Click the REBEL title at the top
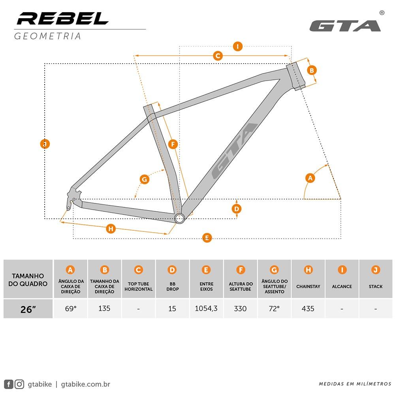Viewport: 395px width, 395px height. coord(63,18)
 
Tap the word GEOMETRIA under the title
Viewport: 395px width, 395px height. coord(47,36)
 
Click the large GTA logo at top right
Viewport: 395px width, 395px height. coord(344,26)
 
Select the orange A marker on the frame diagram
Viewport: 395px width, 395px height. coord(310,178)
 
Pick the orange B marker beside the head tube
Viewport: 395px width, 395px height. coord(312,70)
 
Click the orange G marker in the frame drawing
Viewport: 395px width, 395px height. coord(145,179)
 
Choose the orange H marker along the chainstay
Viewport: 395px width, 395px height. coord(111,228)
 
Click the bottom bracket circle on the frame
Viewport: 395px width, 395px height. coord(180,218)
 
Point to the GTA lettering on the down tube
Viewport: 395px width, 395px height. coord(234,151)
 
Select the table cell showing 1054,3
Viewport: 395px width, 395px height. coord(206,308)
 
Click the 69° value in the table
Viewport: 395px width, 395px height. coord(70,308)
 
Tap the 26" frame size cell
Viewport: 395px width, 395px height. coord(28,309)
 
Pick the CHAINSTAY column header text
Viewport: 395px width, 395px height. coord(308,286)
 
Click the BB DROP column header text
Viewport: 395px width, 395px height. coord(172,286)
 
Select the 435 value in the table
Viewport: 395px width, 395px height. coord(308,308)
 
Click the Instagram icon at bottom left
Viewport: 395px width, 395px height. coord(20,384)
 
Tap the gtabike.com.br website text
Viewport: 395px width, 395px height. coord(86,384)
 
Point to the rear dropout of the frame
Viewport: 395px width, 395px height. coord(71,201)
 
